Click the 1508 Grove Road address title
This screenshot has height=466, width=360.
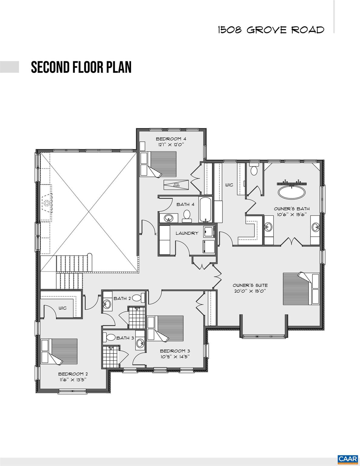point(271,30)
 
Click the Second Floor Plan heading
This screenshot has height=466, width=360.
point(81,67)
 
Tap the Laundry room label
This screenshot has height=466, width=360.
point(187,233)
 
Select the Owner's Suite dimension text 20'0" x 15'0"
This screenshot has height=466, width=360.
point(250,291)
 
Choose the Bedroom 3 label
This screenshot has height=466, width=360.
point(175,351)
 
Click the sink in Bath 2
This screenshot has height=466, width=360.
point(107,304)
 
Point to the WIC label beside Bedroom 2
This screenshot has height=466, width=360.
point(63,308)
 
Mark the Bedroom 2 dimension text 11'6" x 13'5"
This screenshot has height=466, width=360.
point(73,379)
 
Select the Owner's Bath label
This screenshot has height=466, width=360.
point(291,209)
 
